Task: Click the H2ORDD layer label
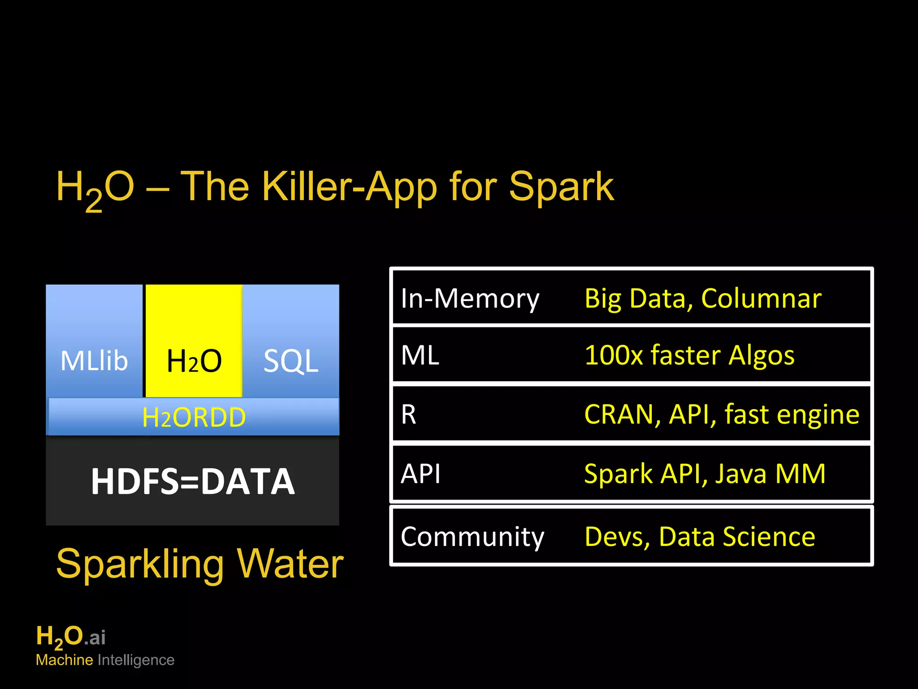(x=194, y=417)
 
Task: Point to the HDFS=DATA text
(x=193, y=481)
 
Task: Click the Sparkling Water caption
(x=200, y=564)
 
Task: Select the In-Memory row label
(x=470, y=298)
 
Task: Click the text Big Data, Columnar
(x=702, y=298)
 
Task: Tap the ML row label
(x=420, y=355)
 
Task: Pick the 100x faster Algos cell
(x=689, y=355)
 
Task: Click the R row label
(x=408, y=414)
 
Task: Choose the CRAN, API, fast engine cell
(x=721, y=414)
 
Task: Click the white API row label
(x=420, y=474)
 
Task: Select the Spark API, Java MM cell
(x=705, y=474)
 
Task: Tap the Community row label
(x=472, y=536)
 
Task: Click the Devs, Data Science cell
(x=700, y=536)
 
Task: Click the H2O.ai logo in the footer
(x=71, y=637)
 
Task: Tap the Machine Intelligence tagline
(x=105, y=660)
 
